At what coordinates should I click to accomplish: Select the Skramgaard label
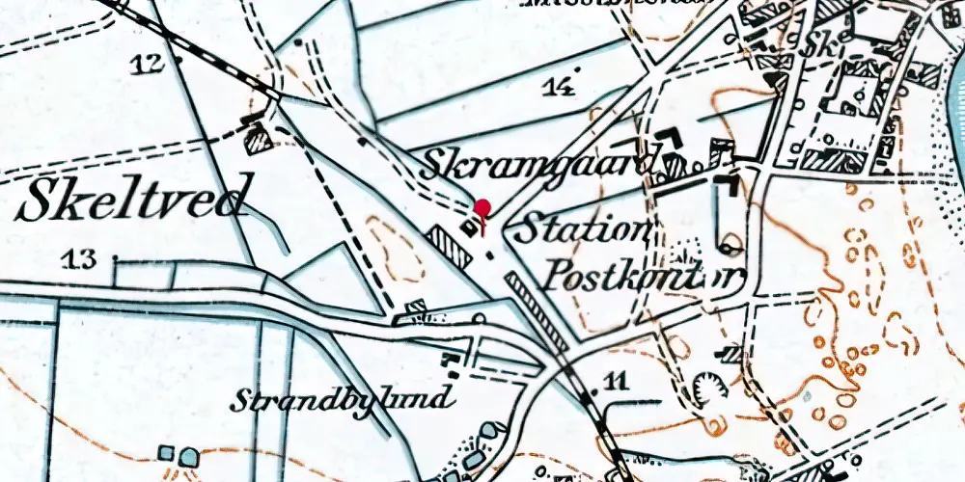541,165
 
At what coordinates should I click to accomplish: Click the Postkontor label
645,278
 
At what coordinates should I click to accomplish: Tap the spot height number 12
148,64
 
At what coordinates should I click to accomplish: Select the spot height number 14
558,87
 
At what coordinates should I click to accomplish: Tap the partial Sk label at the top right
825,44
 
